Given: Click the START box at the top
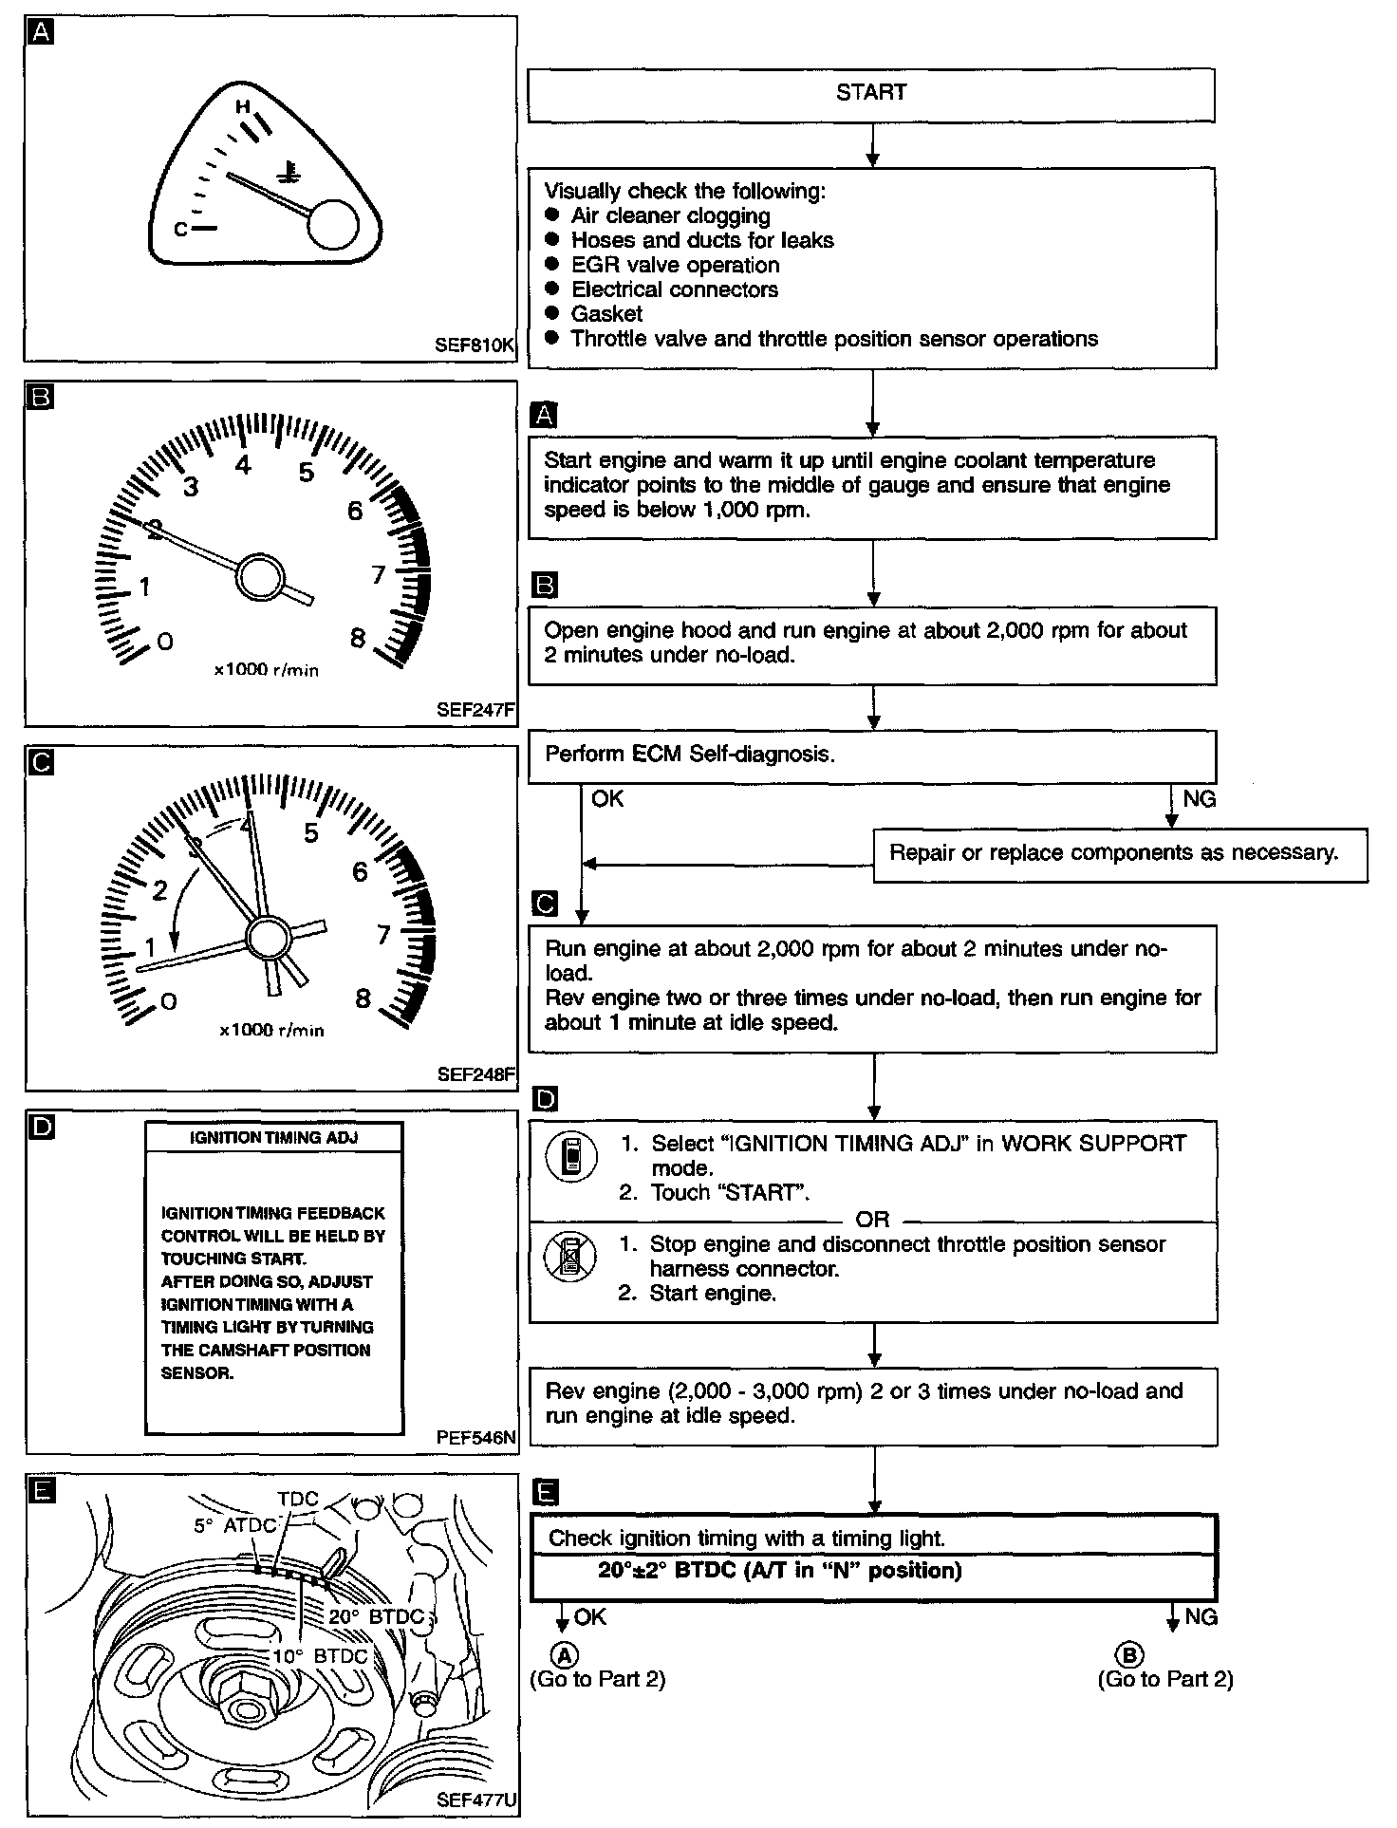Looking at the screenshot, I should point(870,94).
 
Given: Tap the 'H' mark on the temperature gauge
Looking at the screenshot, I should point(243,107).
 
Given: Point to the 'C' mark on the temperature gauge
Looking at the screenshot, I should point(180,230).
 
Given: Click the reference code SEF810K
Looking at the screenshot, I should point(474,345).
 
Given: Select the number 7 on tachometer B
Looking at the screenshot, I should point(378,574).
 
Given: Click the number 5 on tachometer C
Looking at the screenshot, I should point(310,833).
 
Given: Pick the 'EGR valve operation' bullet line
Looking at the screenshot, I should point(675,266).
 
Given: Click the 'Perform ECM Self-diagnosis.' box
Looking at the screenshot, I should point(870,755).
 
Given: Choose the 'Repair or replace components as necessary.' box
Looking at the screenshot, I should point(1119,853).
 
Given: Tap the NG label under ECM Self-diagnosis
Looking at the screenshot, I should point(1199,799).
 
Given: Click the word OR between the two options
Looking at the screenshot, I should point(872,1220).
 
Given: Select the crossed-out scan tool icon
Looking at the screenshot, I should point(570,1257).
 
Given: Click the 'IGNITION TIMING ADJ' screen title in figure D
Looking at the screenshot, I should point(273,1137).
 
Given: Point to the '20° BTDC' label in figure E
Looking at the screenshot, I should point(377,1615).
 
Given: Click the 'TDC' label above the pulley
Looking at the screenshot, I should point(298,1499).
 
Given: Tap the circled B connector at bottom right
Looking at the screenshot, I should point(1129,1656).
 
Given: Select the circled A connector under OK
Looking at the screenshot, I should point(565,1656).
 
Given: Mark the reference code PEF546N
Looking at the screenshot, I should point(475,1437).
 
